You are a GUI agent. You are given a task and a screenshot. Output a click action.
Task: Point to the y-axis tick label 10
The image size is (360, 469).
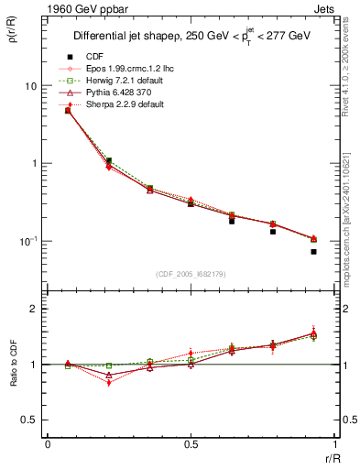[31, 86]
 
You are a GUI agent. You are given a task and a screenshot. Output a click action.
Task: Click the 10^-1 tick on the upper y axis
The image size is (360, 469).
[29, 241]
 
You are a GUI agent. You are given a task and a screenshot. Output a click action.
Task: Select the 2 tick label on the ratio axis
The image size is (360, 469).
[36, 310]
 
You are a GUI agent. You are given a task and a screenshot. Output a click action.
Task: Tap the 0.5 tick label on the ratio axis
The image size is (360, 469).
[31, 420]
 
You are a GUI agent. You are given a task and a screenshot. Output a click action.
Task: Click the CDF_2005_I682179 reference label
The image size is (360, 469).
[191, 274]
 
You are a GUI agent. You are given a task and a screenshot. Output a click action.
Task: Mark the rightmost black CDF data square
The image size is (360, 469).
[313, 251]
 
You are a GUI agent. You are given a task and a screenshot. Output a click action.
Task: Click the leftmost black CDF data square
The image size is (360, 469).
[68, 111]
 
